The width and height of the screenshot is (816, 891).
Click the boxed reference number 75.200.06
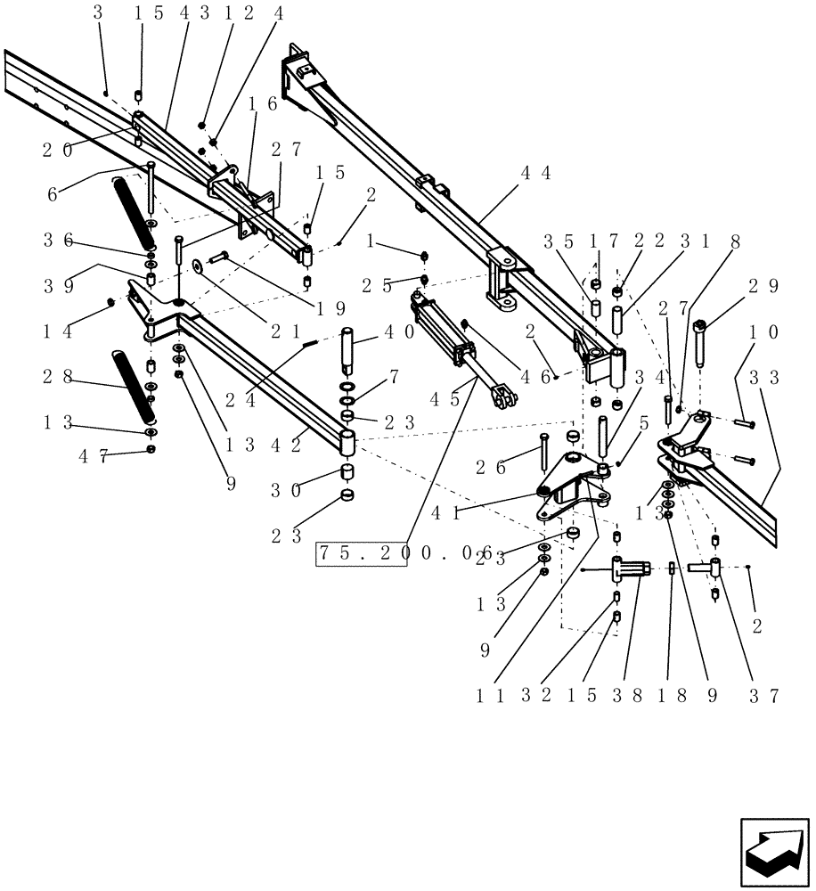coord(361,553)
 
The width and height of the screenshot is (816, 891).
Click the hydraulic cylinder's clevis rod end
coord(504,397)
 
